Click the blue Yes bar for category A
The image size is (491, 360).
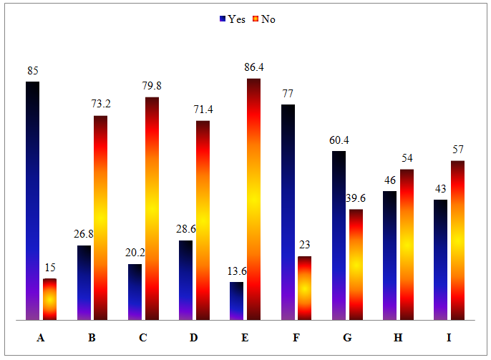click(x=32, y=200)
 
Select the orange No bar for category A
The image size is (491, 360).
click(x=49, y=299)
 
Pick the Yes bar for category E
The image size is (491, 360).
click(x=236, y=301)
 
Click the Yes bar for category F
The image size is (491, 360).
click(x=287, y=212)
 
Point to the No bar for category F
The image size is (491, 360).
click(x=305, y=288)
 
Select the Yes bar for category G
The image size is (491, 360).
click(x=339, y=235)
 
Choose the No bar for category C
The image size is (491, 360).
click(x=152, y=208)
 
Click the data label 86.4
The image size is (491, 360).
click(x=254, y=68)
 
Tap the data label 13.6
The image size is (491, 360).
click(x=236, y=271)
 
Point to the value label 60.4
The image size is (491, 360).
click(x=339, y=140)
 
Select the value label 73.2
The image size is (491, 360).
click(x=100, y=104)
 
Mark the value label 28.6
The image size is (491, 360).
click(x=185, y=230)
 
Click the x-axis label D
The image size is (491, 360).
click(x=194, y=338)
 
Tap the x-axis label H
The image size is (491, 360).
click(x=398, y=338)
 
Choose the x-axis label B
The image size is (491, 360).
click(x=92, y=338)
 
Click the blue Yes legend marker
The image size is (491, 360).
click(x=223, y=19)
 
